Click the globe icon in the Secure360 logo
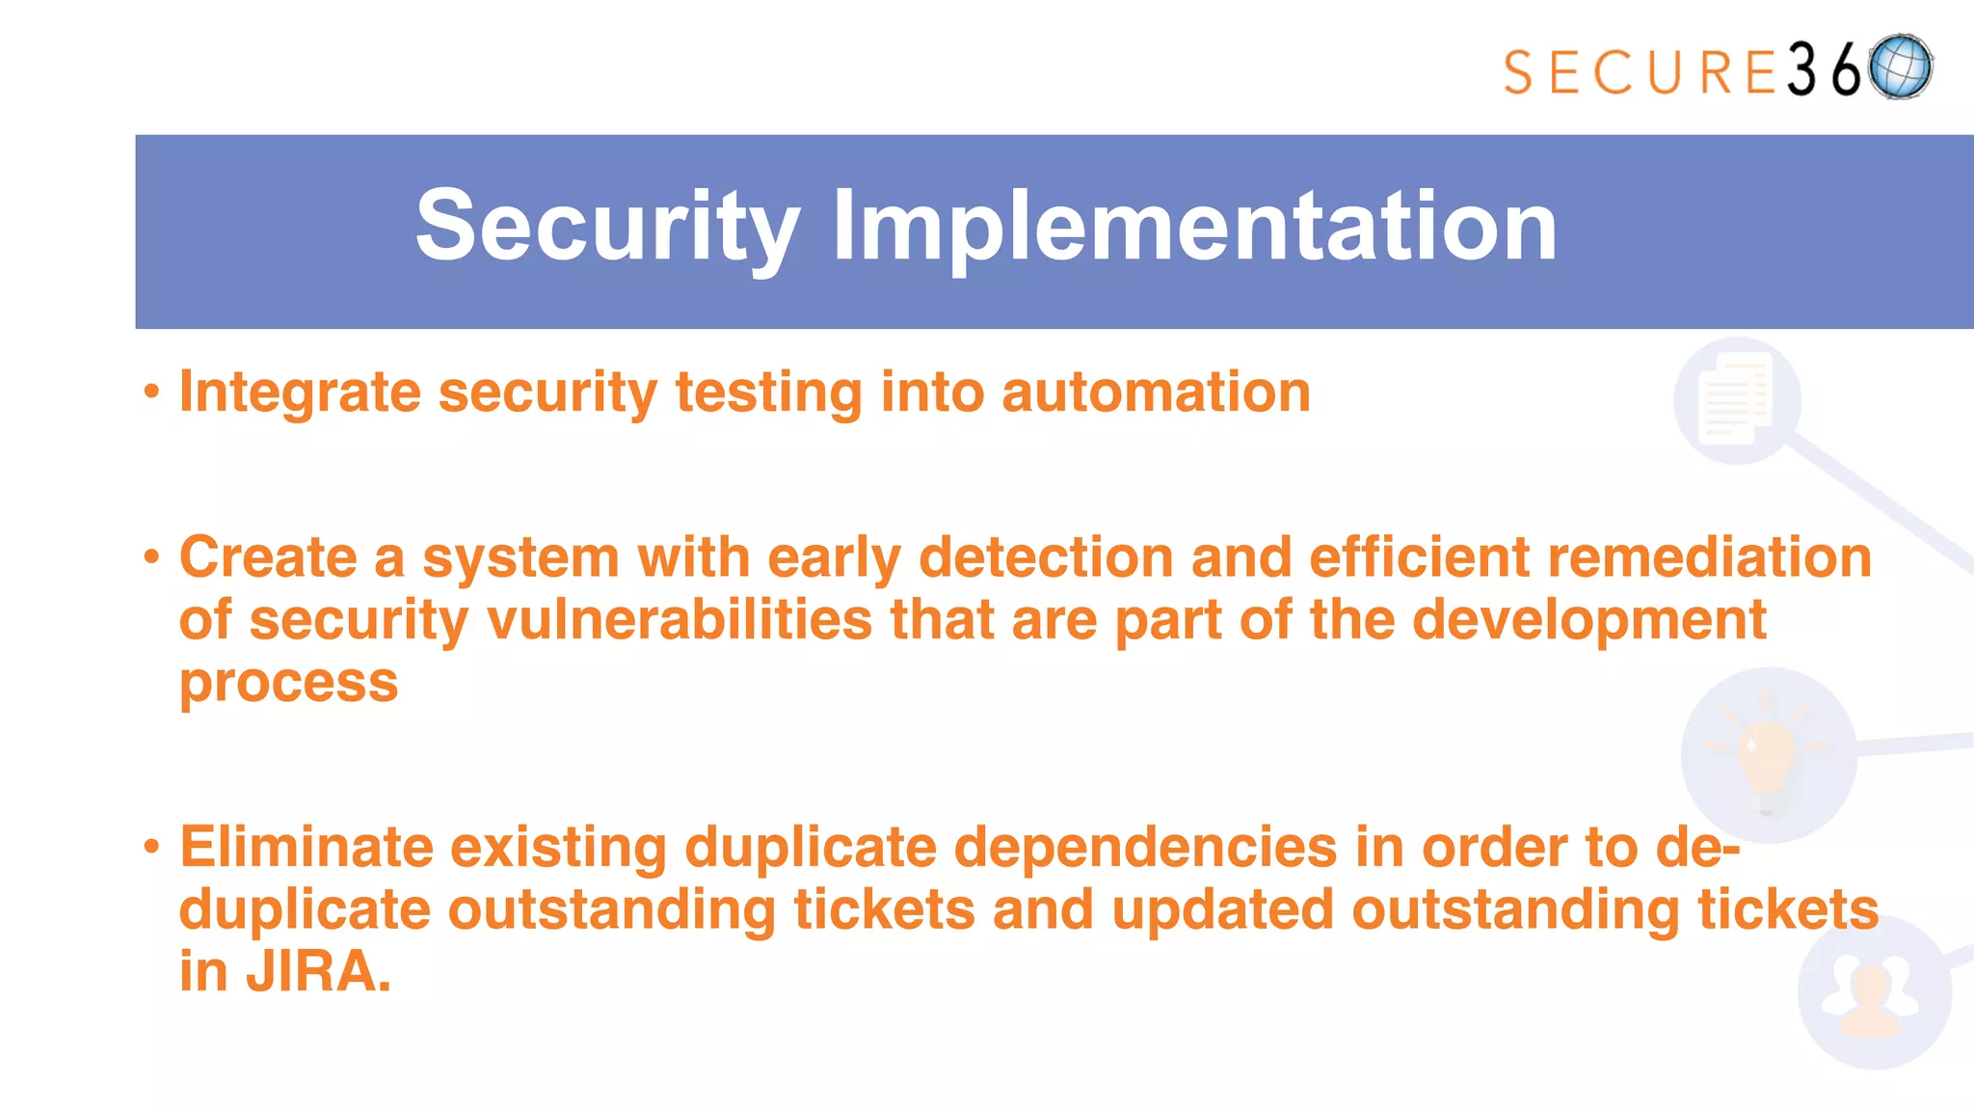pyautogui.click(x=1900, y=68)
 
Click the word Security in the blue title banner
pyautogui.click(x=607, y=228)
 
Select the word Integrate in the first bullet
pyautogui.click(x=300, y=393)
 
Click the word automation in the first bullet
pyautogui.click(x=1156, y=393)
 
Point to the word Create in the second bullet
pyautogui.click(x=268, y=558)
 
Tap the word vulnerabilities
pyautogui.click(x=680, y=620)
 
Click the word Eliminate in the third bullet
pyautogui.click(x=307, y=848)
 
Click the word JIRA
pyautogui.click(x=318, y=972)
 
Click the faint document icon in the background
pyautogui.click(x=1736, y=399)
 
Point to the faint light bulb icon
pyautogui.click(x=1767, y=754)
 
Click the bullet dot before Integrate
pyautogui.click(x=151, y=393)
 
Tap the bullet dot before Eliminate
pyautogui.click(x=151, y=848)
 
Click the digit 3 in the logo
pyautogui.click(x=1801, y=70)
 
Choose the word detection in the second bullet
pyautogui.click(x=1046, y=558)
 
